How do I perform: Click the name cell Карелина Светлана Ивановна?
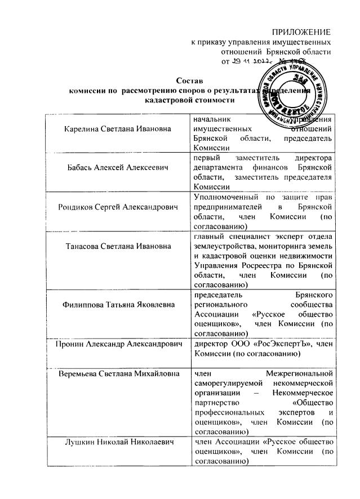pos(117,129)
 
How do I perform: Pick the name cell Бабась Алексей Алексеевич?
pos(117,168)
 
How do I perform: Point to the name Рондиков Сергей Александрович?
pos(117,207)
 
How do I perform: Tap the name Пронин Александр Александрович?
pos(117,343)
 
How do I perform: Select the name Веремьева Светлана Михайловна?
pos(117,373)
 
